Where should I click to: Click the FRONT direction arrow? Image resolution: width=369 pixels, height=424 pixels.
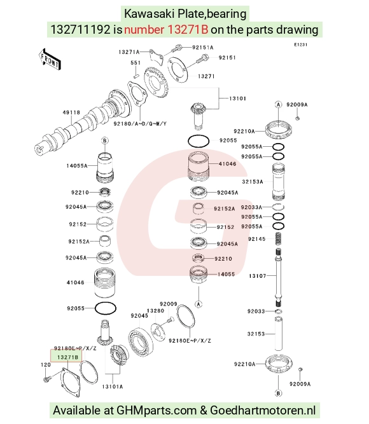point(50,60)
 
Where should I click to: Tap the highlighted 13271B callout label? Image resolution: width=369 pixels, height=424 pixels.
point(67,357)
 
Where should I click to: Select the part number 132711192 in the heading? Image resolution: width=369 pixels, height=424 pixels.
point(80,29)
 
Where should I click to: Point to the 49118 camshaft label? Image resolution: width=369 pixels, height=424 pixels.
point(71,113)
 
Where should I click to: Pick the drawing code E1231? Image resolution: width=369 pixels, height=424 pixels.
point(300,44)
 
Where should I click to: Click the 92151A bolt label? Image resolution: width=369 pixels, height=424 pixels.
point(203,47)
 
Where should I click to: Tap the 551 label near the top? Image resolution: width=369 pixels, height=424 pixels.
point(136,63)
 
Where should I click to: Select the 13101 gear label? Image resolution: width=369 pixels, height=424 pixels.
point(237,99)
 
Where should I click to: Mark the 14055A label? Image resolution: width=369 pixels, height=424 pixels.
point(77,166)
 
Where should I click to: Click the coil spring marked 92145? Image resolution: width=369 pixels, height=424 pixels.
point(278,239)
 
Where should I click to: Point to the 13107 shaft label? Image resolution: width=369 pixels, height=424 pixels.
point(258,276)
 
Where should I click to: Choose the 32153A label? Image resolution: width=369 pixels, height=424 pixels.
point(253,182)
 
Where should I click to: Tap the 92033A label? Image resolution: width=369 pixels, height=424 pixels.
point(251,207)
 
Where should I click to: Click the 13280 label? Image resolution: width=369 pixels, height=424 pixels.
point(155,311)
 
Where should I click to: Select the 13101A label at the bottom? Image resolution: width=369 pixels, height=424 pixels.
point(113,386)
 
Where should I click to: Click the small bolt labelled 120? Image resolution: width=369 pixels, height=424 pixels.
point(46,379)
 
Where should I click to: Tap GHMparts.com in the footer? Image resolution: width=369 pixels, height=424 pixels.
point(157,411)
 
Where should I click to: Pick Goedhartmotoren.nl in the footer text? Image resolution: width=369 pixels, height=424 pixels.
point(263,410)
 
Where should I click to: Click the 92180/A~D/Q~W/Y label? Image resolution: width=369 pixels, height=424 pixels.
point(140,123)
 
